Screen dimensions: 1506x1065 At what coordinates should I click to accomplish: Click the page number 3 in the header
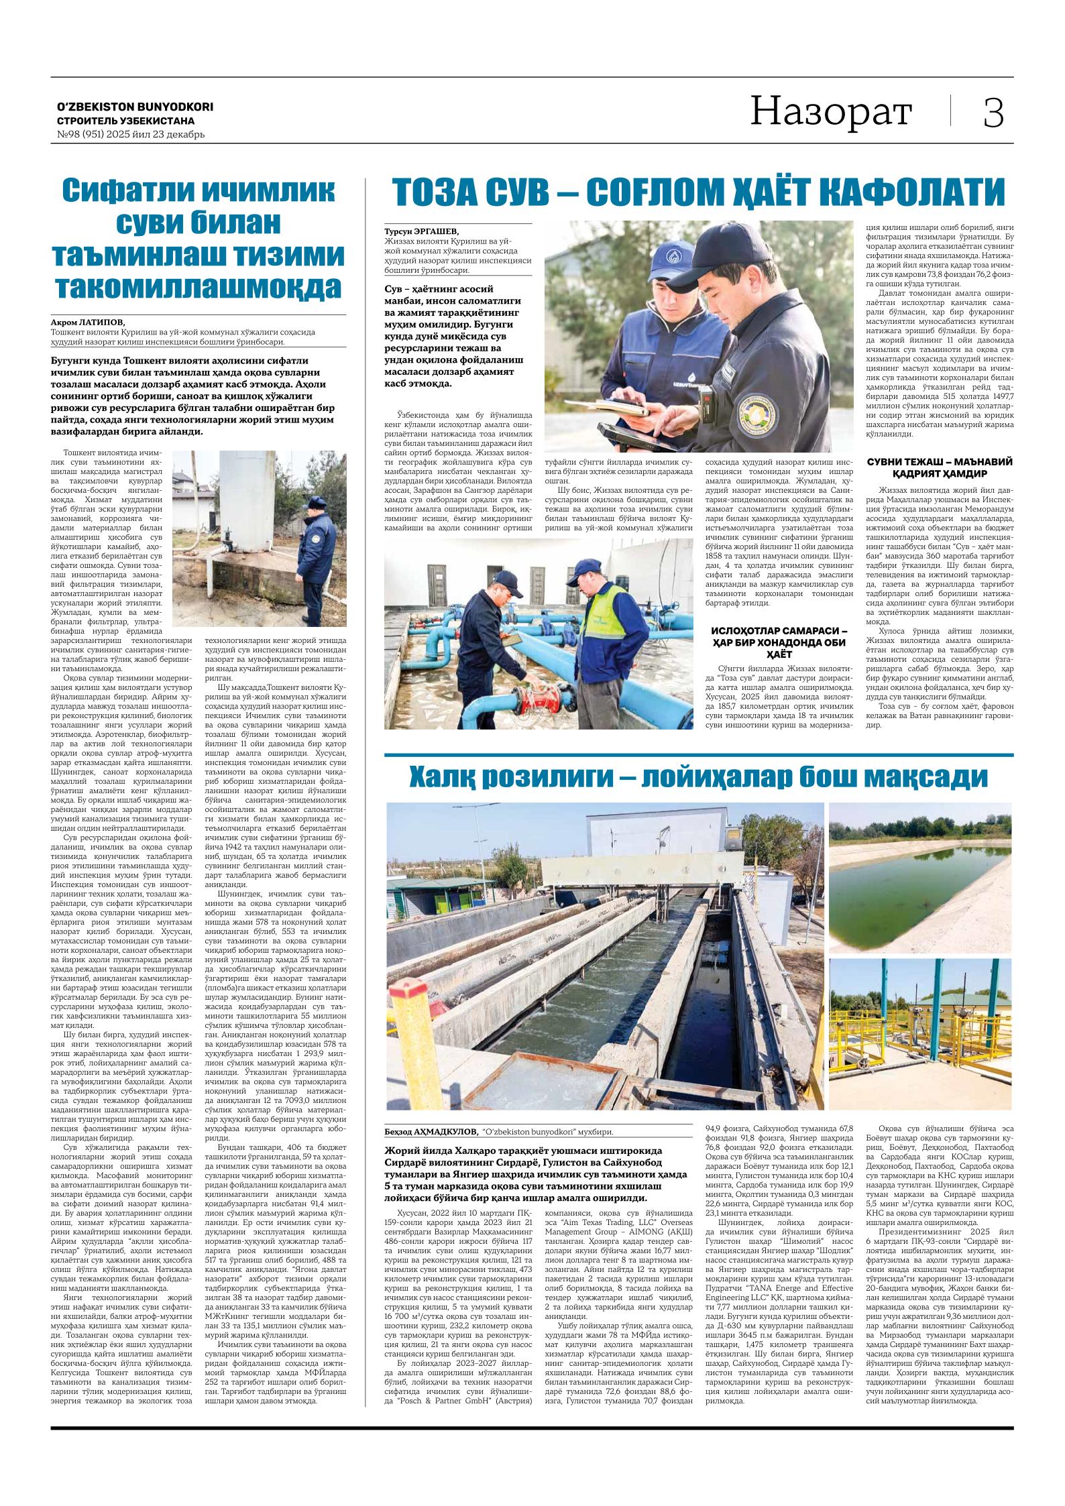point(993,113)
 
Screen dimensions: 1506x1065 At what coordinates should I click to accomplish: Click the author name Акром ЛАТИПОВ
point(87,323)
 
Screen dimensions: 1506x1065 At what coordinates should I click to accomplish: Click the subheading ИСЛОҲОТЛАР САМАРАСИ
point(779,631)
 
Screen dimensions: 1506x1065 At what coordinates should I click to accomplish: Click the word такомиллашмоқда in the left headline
point(199,285)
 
